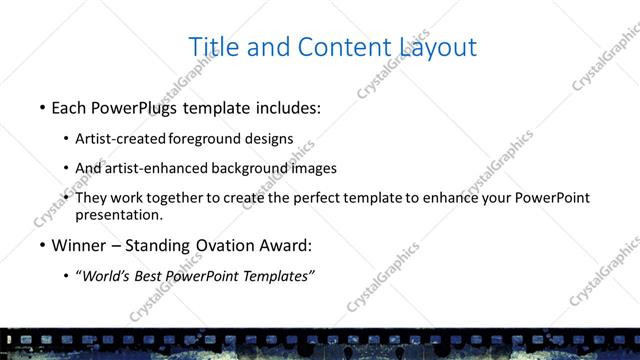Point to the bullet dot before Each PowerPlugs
click(x=42, y=108)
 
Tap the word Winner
click(x=77, y=245)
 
